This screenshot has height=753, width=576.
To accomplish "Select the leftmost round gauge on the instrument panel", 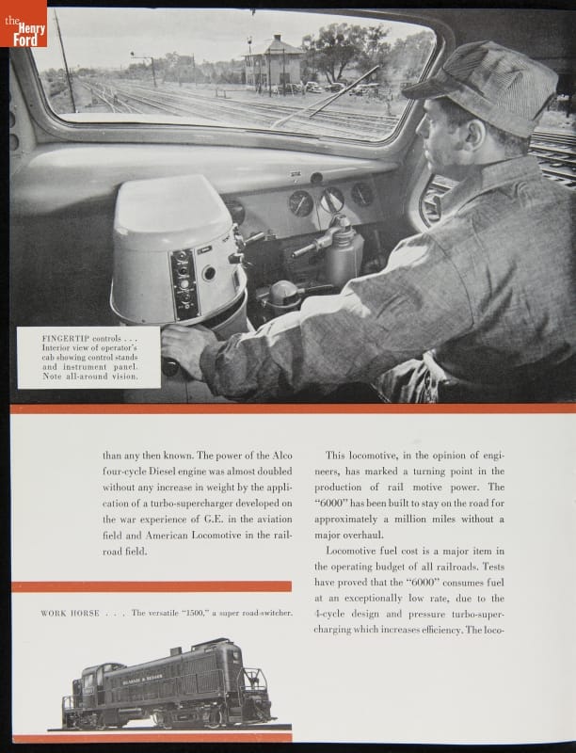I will pyautogui.click(x=299, y=204).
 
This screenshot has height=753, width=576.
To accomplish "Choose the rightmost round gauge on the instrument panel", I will pyautogui.click(x=362, y=194).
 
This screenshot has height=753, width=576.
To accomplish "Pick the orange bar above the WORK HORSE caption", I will pyautogui.click(x=152, y=586).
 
